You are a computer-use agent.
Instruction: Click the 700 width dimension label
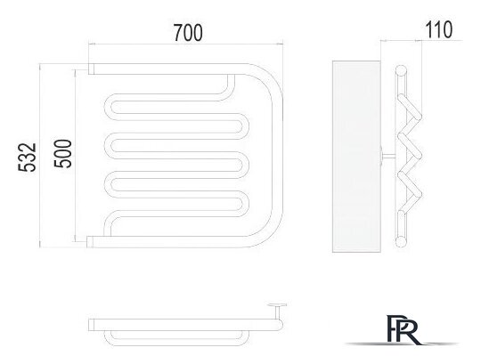point(188,33)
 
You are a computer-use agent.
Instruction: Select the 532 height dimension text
point(28,158)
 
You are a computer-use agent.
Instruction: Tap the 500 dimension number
point(63,153)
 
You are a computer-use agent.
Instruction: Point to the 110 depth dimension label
point(438,29)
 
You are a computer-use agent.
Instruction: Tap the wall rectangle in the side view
point(357,157)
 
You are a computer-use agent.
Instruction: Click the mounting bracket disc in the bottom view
point(277,305)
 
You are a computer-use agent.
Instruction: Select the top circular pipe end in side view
point(401,70)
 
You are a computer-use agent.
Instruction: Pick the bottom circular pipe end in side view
point(401,242)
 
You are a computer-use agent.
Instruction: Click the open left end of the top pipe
point(91,69)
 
